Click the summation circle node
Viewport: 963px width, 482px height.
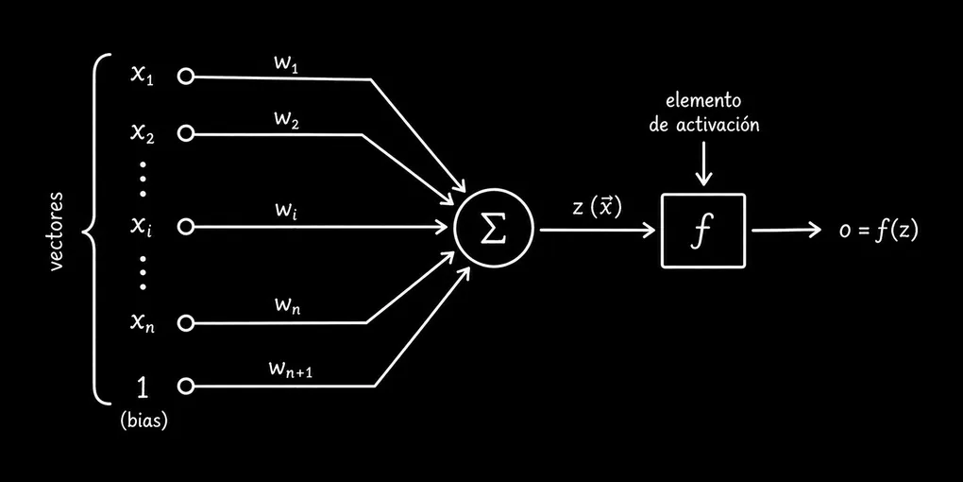point(494,229)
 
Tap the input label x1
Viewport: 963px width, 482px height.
point(142,76)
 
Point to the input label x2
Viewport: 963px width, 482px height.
point(143,132)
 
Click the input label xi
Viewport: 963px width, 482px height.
point(141,227)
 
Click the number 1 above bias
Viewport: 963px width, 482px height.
point(142,386)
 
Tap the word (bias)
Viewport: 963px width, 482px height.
point(144,422)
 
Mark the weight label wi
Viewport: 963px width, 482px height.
point(287,214)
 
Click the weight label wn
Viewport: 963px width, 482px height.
point(288,306)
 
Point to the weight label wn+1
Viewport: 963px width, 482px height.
point(291,370)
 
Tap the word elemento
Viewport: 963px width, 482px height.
point(703,100)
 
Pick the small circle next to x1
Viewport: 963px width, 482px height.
point(185,77)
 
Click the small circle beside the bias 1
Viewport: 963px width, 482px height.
point(185,386)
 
